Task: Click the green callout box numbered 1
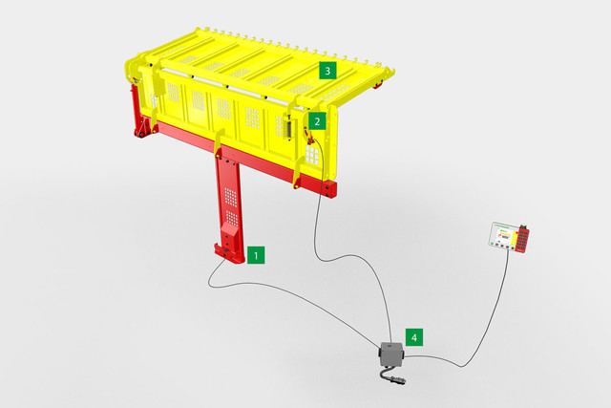[x=256, y=255]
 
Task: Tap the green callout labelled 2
[x=317, y=121]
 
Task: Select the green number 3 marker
[x=327, y=71]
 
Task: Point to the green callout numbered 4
[x=414, y=337]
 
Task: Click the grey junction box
[x=390, y=354]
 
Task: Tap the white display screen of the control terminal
[x=504, y=234]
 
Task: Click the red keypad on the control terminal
[x=522, y=240]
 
